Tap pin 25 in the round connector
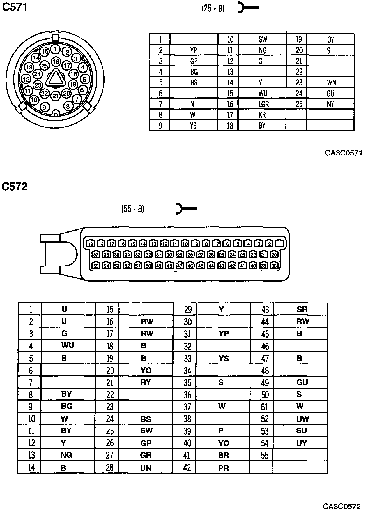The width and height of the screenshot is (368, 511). (45, 66)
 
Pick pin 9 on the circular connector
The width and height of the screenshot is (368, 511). (45, 107)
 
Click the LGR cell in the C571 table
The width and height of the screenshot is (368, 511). (263, 104)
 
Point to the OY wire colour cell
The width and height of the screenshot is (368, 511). (331, 40)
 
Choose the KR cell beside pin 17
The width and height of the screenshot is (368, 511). (262, 115)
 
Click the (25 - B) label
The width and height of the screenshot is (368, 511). (213, 9)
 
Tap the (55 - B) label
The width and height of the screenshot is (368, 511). (133, 209)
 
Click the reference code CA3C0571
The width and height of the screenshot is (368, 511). (343, 153)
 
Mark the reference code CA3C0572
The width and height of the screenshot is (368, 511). (341, 506)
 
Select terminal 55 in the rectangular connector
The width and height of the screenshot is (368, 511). (96, 266)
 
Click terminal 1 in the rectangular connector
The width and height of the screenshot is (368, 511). (279, 243)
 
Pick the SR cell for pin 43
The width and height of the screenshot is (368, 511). (302, 309)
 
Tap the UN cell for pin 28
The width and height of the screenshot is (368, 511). (146, 468)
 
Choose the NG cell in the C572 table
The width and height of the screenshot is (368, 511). (66, 455)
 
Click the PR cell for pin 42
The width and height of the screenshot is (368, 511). (223, 468)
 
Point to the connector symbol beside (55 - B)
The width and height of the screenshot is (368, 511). (186, 209)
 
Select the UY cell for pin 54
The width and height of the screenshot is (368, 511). (302, 443)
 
